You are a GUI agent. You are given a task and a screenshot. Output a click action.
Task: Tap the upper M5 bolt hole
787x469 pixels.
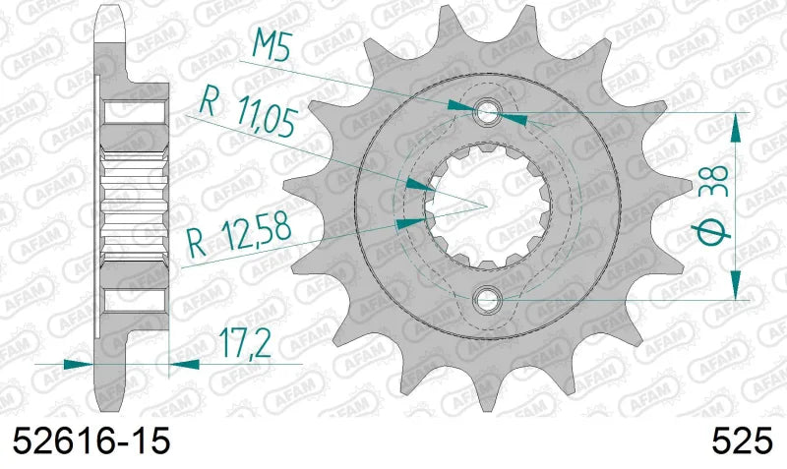488,112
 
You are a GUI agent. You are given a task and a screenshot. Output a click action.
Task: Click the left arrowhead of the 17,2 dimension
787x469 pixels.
80,364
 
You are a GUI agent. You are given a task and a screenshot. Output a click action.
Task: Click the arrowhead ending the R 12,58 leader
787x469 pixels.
405,223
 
